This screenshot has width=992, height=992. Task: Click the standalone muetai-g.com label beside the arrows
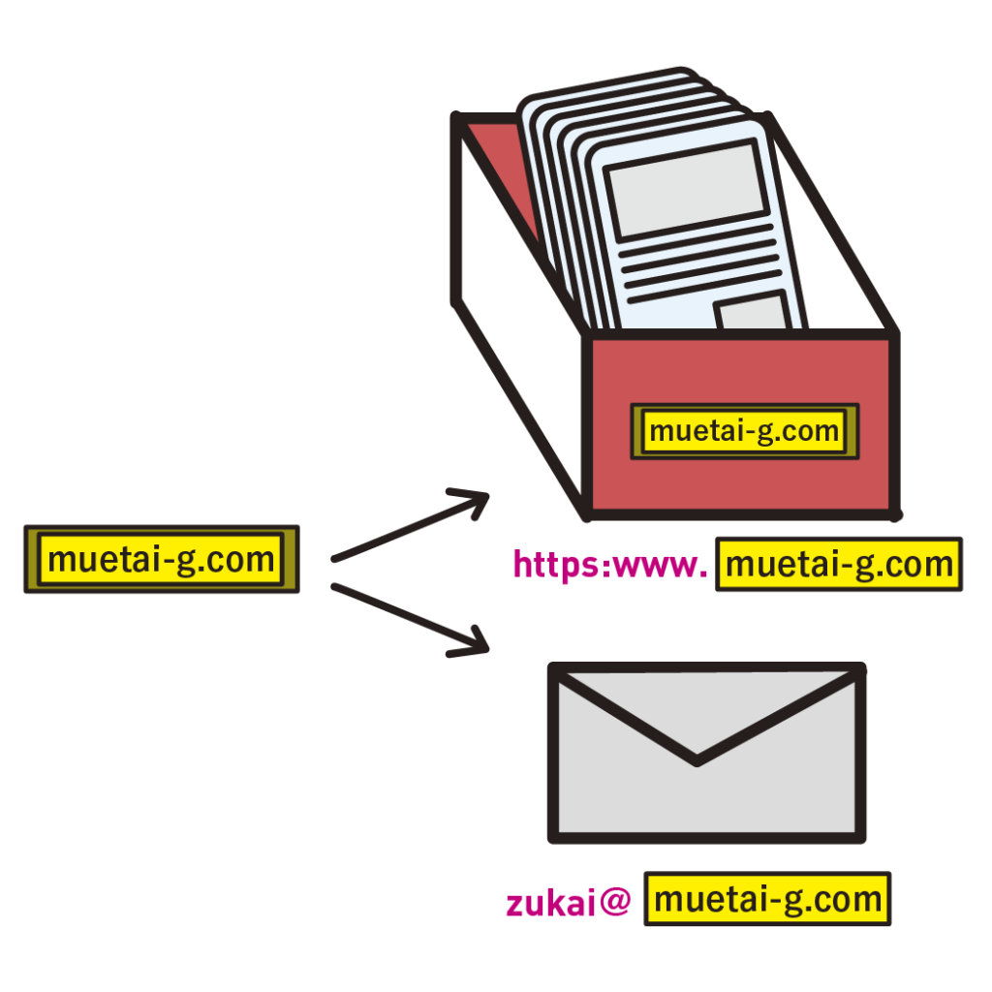[x=161, y=559]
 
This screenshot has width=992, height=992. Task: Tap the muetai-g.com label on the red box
[x=744, y=431]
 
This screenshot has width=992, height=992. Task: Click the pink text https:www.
[x=610, y=565]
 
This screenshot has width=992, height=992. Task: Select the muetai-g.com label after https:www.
[x=839, y=564]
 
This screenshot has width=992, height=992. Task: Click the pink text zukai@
[x=568, y=902]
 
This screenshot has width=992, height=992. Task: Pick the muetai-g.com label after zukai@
[x=767, y=900]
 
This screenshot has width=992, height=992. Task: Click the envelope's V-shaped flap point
[x=697, y=759]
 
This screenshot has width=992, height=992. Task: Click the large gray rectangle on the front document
[x=687, y=190]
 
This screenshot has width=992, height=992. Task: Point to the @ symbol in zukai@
[x=615, y=902]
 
